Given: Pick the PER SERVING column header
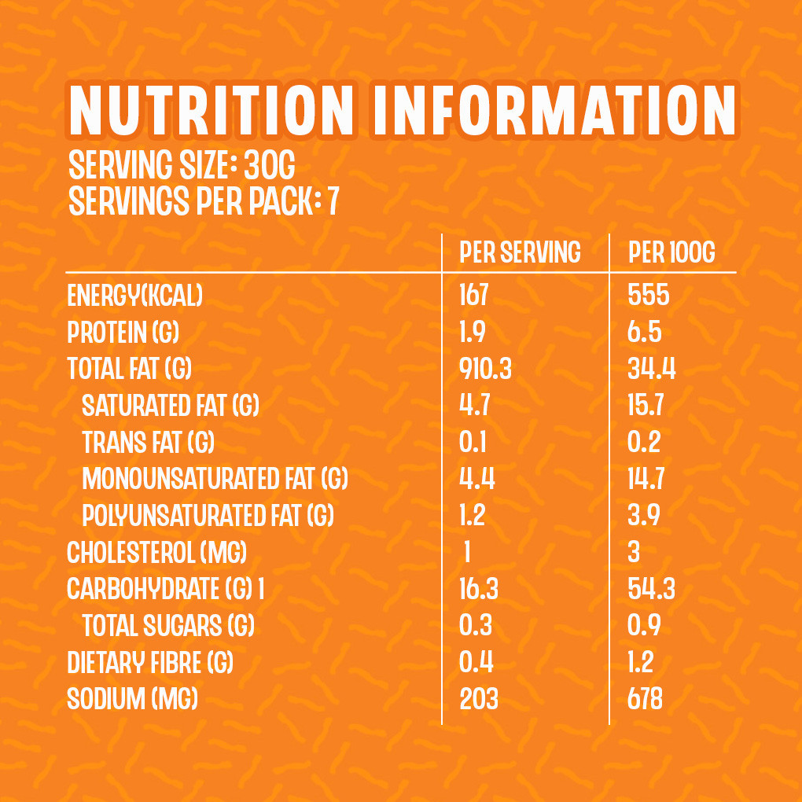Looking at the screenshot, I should [520, 252].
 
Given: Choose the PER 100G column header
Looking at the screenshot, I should [672, 252].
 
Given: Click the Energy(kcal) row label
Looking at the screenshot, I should [135, 296].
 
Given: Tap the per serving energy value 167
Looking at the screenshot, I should [474, 296].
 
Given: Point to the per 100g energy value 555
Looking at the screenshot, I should [649, 296].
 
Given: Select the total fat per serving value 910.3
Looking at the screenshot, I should [485, 369].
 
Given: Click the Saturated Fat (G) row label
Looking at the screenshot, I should [171, 406].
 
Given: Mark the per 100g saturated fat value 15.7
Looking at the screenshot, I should [646, 406].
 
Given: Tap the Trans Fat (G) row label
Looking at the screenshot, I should [149, 443].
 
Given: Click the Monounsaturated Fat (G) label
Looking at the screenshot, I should [215, 479].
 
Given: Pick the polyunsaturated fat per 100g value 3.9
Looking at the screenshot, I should [644, 516].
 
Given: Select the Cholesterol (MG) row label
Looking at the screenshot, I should [157, 553].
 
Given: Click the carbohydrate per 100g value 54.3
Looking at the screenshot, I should [651, 590].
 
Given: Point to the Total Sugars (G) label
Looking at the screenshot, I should [168, 626].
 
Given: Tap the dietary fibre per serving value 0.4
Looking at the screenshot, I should [476, 663].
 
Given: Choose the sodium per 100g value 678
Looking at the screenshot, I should [646, 699].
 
